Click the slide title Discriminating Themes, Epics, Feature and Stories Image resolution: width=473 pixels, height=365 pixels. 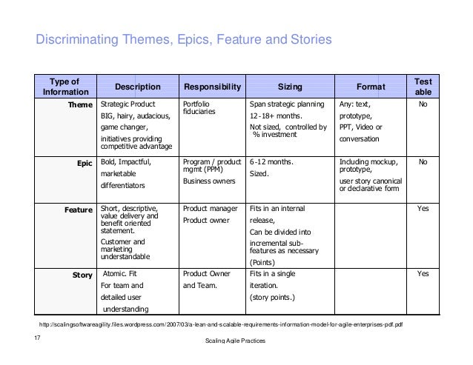coord(180,38)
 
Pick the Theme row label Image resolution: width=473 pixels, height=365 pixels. coord(80,105)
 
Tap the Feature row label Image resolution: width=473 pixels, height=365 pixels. coord(78,210)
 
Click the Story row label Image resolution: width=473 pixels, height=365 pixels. coord(82,275)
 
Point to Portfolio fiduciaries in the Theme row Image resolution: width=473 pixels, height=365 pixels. coord(202,109)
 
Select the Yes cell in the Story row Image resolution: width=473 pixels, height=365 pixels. coord(423,275)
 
